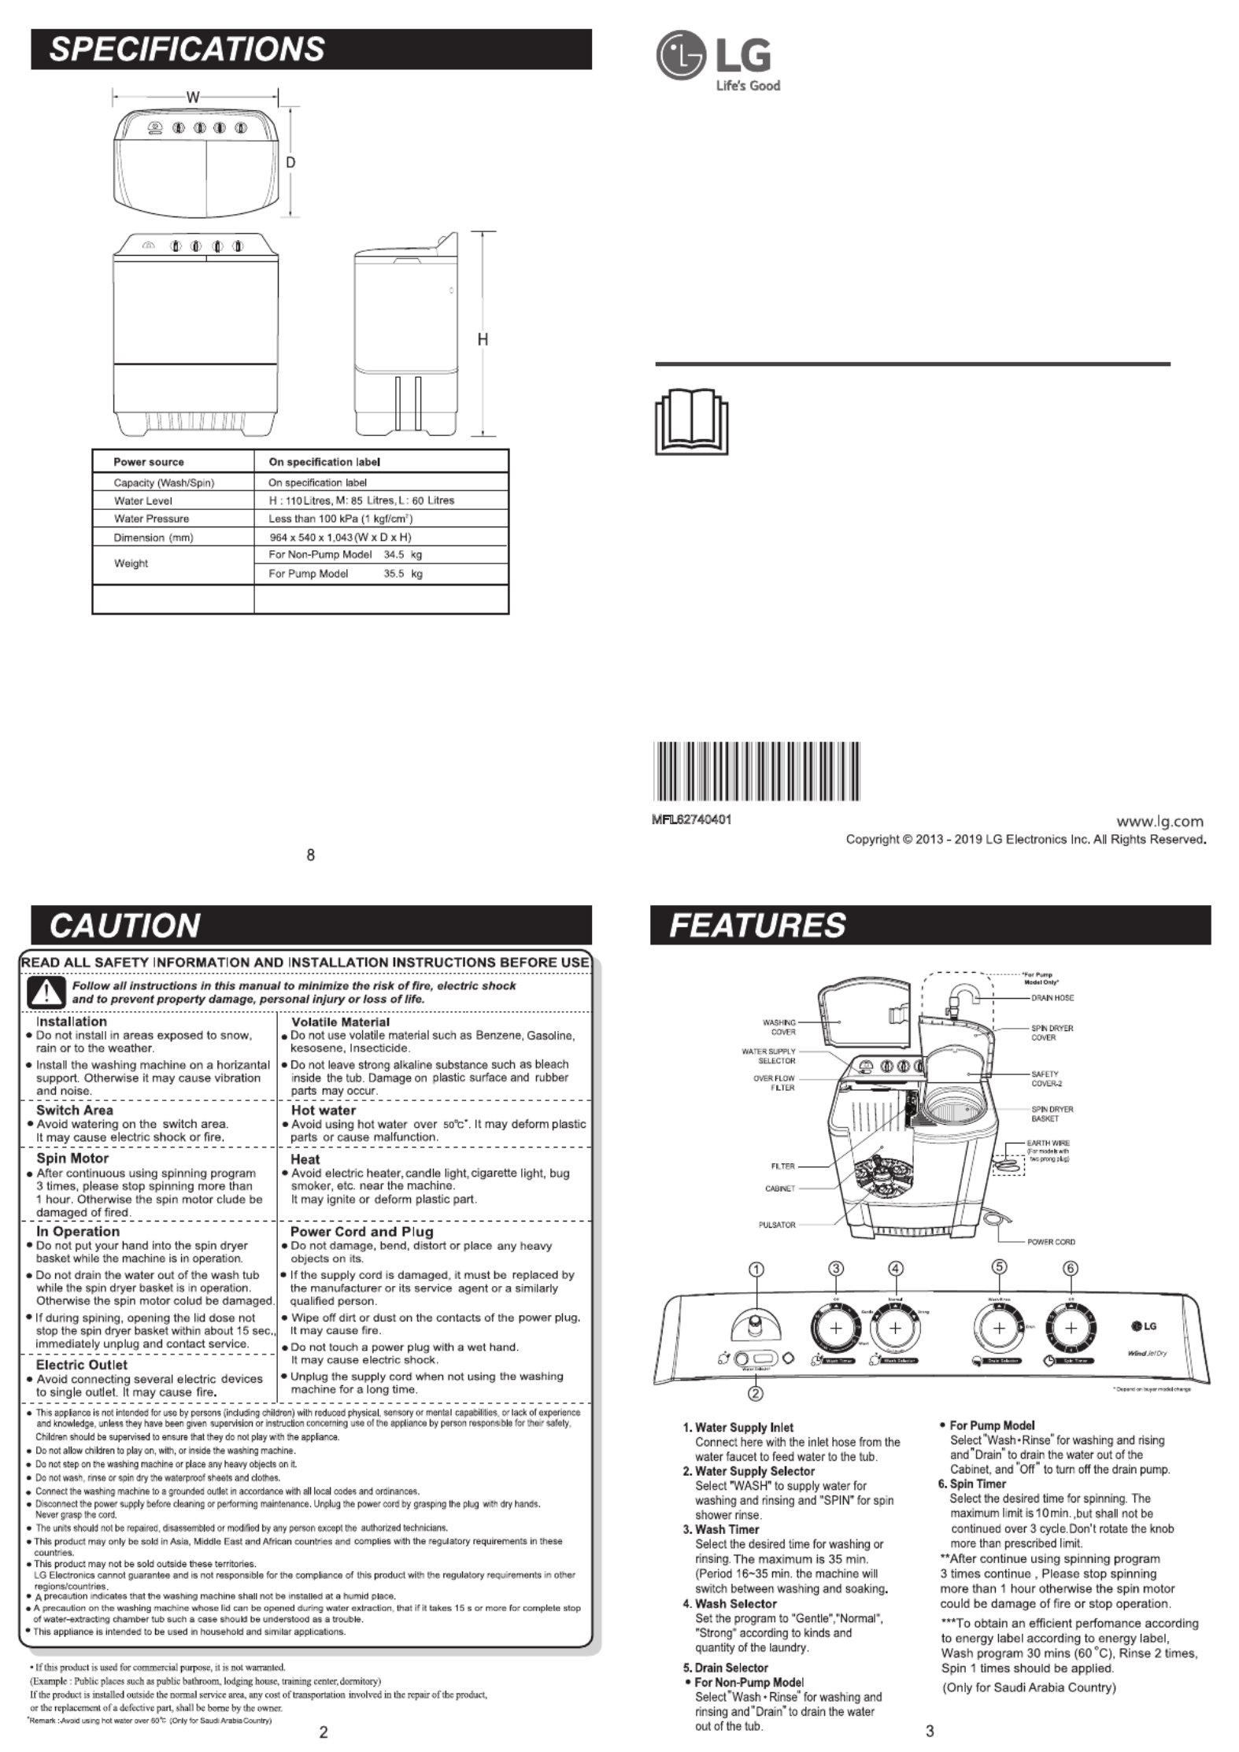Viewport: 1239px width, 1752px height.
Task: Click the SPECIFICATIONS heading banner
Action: (x=311, y=49)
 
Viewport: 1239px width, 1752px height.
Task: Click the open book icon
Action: (x=691, y=423)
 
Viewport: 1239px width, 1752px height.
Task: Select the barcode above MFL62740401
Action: (x=757, y=771)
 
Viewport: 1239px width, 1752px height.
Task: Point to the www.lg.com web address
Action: (x=1160, y=822)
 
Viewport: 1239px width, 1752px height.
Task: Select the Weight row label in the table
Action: (x=131, y=564)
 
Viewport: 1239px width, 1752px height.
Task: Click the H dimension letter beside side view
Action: (x=483, y=339)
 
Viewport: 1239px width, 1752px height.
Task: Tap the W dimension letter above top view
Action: (x=192, y=98)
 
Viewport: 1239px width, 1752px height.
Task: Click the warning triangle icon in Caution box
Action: (x=46, y=992)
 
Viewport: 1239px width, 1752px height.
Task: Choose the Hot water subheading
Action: (x=323, y=1110)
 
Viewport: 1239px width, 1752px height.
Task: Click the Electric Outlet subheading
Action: (x=81, y=1365)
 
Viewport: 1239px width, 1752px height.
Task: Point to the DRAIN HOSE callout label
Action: (x=1052, y=997)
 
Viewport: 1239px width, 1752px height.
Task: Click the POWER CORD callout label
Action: (x=1050, y=1242)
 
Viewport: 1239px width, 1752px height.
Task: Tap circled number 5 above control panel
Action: (x=998, y=1266)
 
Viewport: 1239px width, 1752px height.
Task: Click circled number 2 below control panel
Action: (x=755, y=1392)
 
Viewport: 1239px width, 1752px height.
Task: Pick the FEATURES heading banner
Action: (x=930, y=925)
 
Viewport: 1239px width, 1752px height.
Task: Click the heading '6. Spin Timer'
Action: (x=971, y=1484)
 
